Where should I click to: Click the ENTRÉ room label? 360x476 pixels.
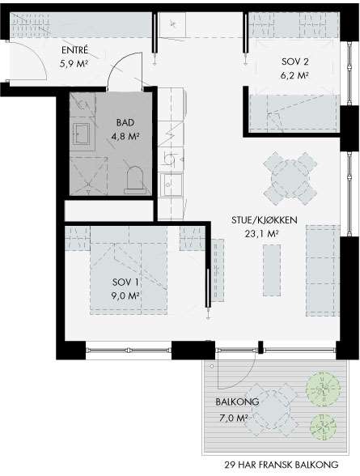(x=74, y=50)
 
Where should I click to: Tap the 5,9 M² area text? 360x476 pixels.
(x=75, y=64)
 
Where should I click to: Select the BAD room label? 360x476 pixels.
(x=125, y=123)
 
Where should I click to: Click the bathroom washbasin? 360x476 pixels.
(x=81, y=134)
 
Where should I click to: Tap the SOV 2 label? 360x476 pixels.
(x=294, y=62)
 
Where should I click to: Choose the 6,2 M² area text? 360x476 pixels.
(x=294, y=75)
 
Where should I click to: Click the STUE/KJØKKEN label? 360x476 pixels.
(x=265, y=220)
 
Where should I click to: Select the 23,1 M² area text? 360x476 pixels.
(x=262, y=234)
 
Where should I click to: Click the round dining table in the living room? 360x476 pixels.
(x=290, y=178)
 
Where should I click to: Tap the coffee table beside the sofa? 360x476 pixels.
(x=272, y=270)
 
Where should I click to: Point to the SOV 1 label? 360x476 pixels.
(x=125, y=283)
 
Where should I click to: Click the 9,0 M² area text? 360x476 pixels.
(x=125, y=295)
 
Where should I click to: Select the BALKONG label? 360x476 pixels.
(x=237, y=402)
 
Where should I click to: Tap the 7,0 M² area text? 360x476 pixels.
(x=233, y=418)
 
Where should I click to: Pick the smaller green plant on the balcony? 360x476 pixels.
(x=323, y=427)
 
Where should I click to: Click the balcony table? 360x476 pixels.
(x=272, y=410)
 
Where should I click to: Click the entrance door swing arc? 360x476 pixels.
(x=37, y=54)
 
